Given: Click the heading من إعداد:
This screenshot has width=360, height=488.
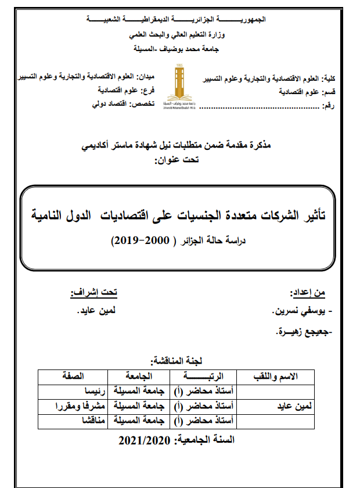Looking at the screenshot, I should (x=308, y=292).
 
